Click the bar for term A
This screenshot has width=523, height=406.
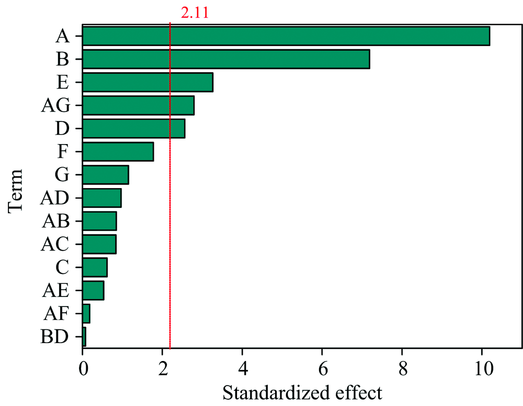(286, 36)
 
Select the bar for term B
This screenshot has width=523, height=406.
(226, 59)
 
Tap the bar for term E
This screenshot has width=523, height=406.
(147, 82)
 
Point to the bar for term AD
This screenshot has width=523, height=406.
(101, 197)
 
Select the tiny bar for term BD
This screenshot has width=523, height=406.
(84, 336)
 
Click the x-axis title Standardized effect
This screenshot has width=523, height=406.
(302, 392)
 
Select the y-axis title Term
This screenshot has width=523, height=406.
(17, 190)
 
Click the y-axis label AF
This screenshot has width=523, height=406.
(54, 313)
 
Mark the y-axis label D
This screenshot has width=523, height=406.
(62, 128)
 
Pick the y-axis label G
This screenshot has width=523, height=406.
(62, 174)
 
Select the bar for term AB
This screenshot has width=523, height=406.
(99, 221)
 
